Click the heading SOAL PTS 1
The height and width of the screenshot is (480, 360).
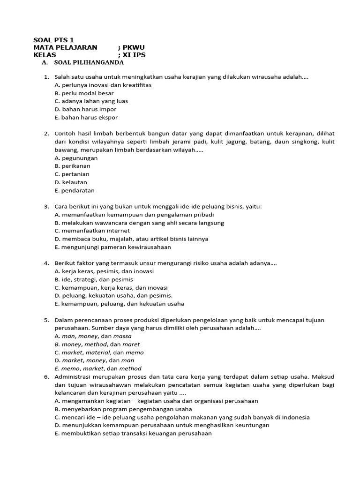click(x=53, y=40)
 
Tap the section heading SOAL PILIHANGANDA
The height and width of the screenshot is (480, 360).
click(x=89, y=62)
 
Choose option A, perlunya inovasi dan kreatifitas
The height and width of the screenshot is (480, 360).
click(x=103, y=85)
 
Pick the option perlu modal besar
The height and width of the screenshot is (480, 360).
click(x=84, y=93)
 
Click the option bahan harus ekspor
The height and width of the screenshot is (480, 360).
click(x=86, y=117)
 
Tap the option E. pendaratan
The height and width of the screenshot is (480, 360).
click(x=75, y=190)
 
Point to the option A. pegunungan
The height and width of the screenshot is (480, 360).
click(x=76, y=158)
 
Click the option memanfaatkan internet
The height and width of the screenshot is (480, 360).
click(x=92, y=231)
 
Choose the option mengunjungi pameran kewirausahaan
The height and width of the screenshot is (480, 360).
click(x=112, y=247)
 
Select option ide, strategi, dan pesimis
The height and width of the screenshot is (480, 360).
click(x=94, y=279)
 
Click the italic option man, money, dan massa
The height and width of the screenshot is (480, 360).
click(x=93, y=336)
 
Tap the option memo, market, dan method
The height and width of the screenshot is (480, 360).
click(x=97, y=368)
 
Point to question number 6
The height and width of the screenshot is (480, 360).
click(x=47, y=376)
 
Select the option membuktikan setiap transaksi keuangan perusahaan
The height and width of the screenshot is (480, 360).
click(x=133, y=433)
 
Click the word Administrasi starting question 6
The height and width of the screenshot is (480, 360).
click(x=72, y=376)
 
